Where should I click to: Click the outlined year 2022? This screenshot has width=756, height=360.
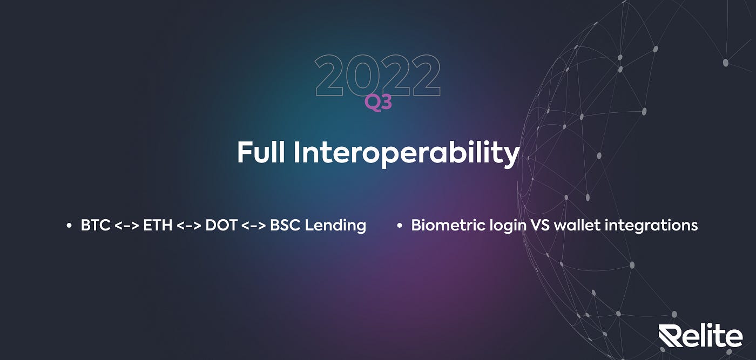[x=378, y=75]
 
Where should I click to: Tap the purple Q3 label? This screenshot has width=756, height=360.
[x=379, y=103]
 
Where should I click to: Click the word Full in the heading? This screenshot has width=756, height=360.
[x=261, y=153]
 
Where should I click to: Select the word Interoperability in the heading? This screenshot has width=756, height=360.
[x=407, y=154]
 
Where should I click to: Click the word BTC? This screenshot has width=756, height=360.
[x=96, y=226]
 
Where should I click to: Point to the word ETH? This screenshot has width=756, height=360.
[x=158, y=226]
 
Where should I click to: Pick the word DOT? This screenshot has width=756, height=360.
[x=221, y=226]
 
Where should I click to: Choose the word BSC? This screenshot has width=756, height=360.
[x=285, y=226]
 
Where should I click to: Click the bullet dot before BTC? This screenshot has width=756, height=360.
[x=69, y=226]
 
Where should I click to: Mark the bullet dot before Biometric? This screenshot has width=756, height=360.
[x=400, y=226]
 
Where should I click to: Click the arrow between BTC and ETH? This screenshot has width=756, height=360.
[x=127, y=226]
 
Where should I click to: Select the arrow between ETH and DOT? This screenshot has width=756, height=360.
[x=189, y=226]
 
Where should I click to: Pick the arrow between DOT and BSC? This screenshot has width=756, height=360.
[x=254, y=226]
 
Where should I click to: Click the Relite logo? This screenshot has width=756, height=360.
[x=701, y=335]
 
